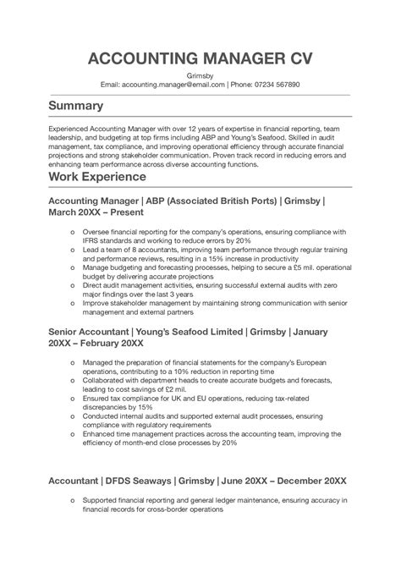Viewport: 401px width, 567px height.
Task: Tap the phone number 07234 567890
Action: pos(271,85)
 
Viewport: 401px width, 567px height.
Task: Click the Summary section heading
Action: pos(76,107)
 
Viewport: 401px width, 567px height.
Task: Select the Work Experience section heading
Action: pos(103,179)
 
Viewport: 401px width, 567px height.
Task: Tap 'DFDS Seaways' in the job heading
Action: pos(134,480)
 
